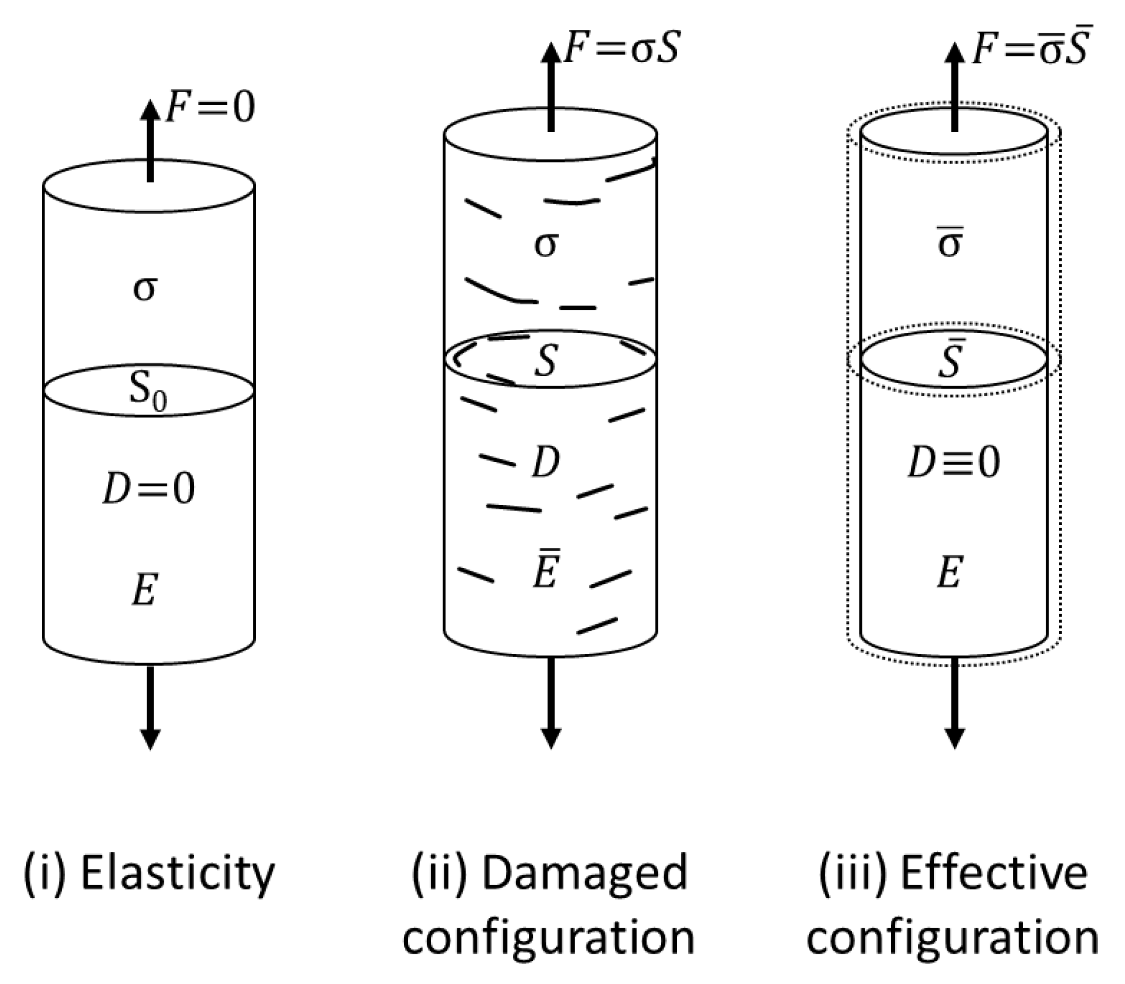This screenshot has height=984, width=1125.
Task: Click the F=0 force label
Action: [x=210, y=107]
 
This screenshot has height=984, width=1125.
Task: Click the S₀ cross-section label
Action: [x=147, y=391]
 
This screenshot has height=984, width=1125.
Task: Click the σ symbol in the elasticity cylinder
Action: [x=145, y=289]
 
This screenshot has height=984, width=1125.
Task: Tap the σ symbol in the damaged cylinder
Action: [x=546, y=244]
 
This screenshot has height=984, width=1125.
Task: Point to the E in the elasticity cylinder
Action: [x=146, y=589]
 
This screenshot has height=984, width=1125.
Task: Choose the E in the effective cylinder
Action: [x=950, y=572]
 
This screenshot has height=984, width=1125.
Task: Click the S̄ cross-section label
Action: [x=950, y=360]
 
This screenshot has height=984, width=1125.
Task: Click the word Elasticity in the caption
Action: [x=178, y=874]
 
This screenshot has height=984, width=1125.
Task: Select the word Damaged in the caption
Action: [x=585, y=874]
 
